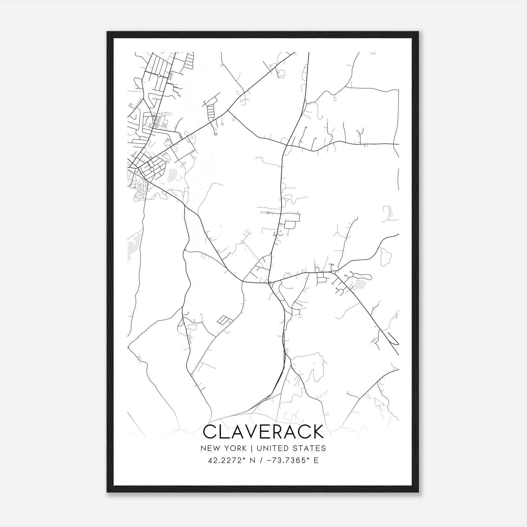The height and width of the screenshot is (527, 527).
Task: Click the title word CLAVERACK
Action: click(263, 432)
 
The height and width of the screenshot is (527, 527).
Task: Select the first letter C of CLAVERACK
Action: click(210, 432)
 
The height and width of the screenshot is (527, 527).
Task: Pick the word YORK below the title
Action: click(235, 448)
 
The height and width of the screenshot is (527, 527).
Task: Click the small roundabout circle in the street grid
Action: click(159, 75)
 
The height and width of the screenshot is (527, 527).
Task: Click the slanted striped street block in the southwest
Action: click(225, 320)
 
